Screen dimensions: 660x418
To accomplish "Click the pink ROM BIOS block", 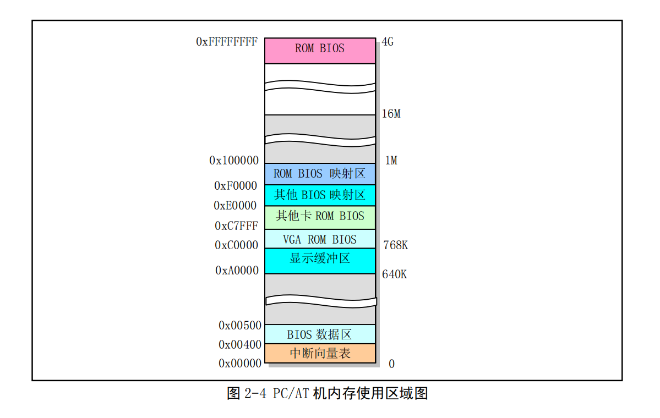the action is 320,51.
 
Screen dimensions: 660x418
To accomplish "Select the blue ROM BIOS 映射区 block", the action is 320,174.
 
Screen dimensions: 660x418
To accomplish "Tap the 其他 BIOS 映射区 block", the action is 320,195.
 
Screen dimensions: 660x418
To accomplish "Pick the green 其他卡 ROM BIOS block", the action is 320,217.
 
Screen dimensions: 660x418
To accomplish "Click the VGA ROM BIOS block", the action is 320,239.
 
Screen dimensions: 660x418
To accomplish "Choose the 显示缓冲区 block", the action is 320,261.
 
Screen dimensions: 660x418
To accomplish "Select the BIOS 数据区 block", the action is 320,334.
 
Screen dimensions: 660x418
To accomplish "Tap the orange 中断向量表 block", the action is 320,353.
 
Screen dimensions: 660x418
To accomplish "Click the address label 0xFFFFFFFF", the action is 227,42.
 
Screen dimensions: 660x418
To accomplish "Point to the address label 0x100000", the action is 234,160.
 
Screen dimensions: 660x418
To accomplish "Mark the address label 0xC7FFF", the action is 237,226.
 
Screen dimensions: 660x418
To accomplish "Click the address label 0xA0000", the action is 237,270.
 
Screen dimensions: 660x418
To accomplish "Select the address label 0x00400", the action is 240,345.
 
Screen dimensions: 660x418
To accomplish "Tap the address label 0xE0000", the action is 235,206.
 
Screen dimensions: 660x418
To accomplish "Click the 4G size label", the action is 388,42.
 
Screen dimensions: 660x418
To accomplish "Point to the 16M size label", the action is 391,113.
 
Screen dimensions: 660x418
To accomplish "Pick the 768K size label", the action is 396,245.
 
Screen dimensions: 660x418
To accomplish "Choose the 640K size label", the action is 394,274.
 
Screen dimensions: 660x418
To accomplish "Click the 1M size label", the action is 391,160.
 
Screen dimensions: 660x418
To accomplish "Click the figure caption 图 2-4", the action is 247,394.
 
